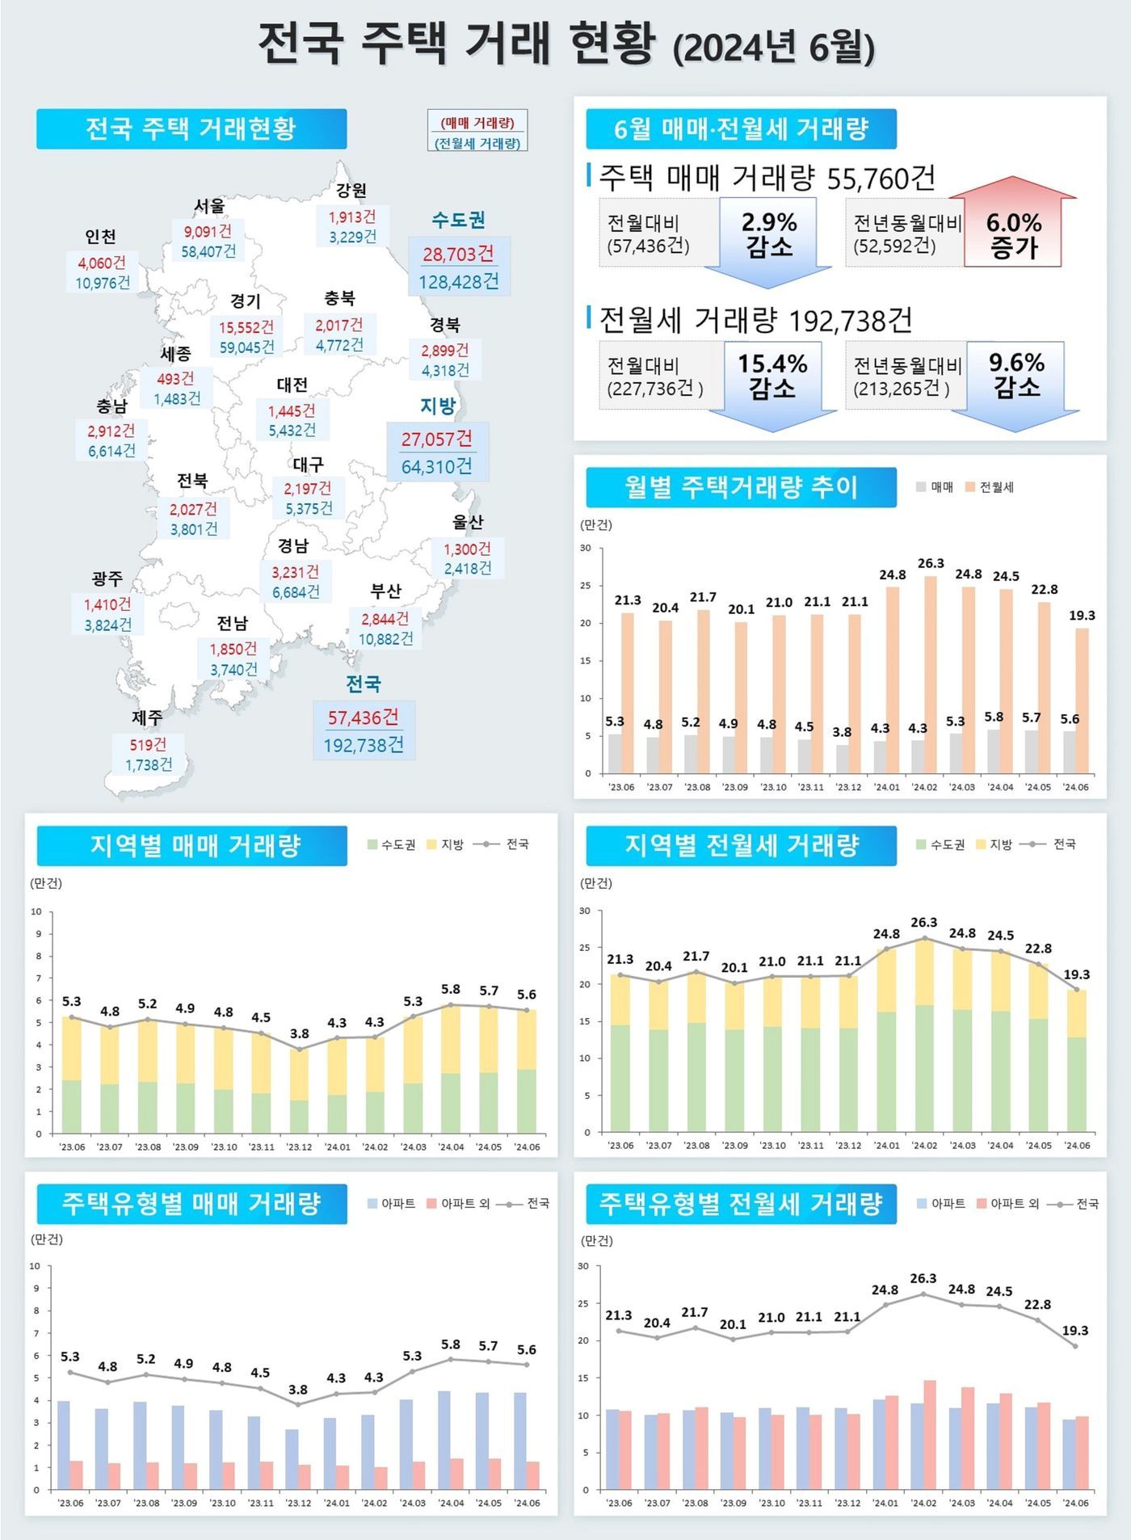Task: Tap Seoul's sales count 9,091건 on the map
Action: pos(207,231)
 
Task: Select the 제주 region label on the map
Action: pos(147,717)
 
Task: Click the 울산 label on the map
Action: pos(468,522)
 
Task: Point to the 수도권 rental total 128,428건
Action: pos(458,281)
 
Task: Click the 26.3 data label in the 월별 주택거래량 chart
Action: pos(931,563)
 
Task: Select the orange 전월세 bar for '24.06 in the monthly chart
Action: pos(1082,700)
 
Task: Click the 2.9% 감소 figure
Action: pos(769,234)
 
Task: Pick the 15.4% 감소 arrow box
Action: pos(772,377)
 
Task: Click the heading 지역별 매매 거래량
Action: pos(195,845)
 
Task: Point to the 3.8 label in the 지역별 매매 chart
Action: pos(299,1033)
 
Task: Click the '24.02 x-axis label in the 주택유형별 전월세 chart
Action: pos(923,1503)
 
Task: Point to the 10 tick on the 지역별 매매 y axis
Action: pos(36,911)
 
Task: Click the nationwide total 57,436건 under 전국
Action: pos(363,717)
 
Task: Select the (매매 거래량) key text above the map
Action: pos(477,123)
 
